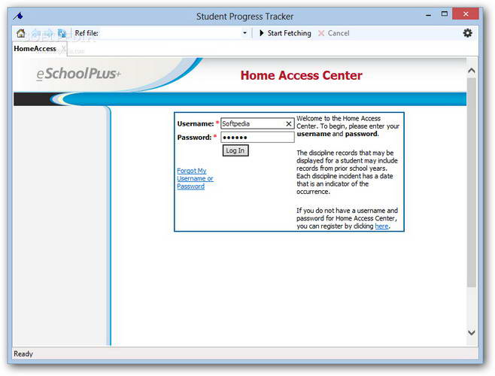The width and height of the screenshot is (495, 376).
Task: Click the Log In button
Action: pyautogui.click(x=235, y=150)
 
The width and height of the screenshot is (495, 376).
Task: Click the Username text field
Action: pyautogui.click(x=251, y=123)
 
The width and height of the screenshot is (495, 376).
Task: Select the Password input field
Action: pyautogui.click(x=257, y=138)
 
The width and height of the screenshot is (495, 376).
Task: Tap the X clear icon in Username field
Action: pyautogui.click(x=288, y=123)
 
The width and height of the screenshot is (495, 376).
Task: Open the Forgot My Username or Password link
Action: pyautogui.click(x=195, y=179)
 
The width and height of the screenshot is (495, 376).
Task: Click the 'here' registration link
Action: pyautogui.click(x=381, y=226)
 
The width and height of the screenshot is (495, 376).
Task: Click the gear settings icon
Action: pyautogui.click(x=467, y=33)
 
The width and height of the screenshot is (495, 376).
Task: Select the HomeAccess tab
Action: pyautogui.click(x=35, y=49)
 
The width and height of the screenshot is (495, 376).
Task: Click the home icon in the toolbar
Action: pyautogui.click(x=20, y=33)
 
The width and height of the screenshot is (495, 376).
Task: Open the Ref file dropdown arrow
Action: pyautogui.click(x=244, y=33)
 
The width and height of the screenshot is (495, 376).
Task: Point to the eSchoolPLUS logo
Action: pyautogui.click(x=77, y=74)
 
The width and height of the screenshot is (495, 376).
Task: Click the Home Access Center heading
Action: pyautogui.click(x=301, y=75)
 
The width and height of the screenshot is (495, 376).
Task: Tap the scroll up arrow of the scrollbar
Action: pyautogui.click(x=472, y=71)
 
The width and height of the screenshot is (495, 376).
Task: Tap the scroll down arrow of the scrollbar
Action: pyautogui.click(x=472, y=332)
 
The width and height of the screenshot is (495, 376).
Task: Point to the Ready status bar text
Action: pyautogui.click(x=23, y=353)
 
